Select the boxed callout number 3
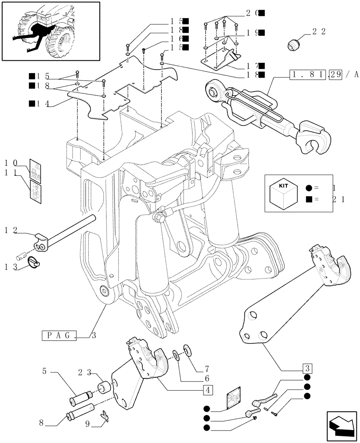pyautogui.click(x=307, y=368)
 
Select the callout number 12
pyautogui.click(x=10, y=230)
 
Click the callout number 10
pyautogui.click(x=10, y=162)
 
